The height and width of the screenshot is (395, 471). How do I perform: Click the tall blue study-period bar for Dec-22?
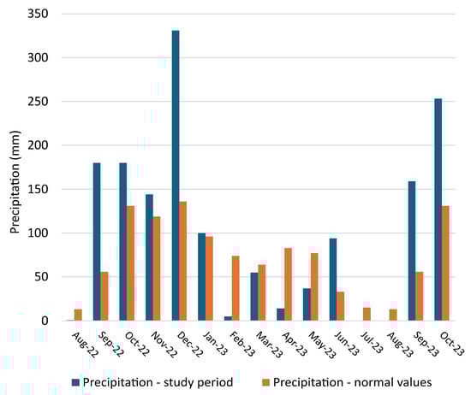point(176,175)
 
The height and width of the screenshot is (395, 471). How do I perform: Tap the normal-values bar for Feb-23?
point(235,288)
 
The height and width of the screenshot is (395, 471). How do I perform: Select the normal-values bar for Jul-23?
point(367,314)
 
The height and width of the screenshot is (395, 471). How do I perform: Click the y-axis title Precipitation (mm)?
point(15,168)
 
